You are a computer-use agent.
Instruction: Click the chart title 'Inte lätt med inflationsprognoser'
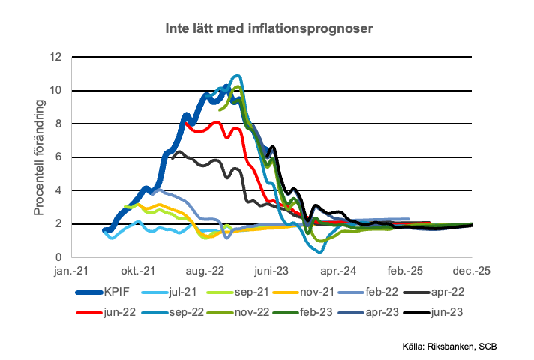tap(270, 28)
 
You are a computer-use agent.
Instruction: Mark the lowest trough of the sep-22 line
tap(320, 251)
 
